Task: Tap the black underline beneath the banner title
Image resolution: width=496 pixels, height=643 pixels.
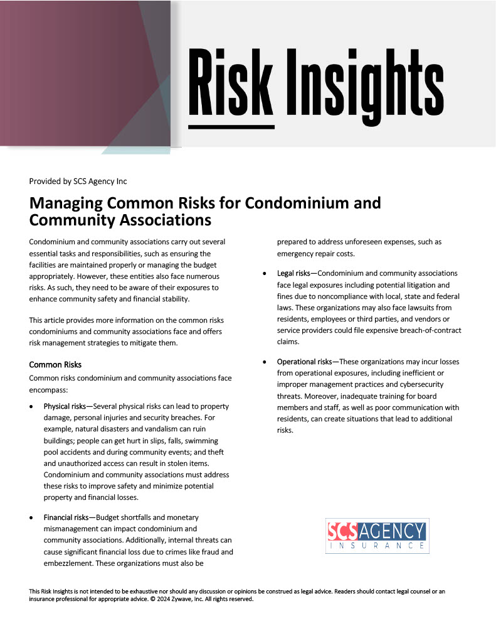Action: pyautogui.click(x=231, y=126)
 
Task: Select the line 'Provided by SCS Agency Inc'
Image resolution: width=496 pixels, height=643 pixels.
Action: pyautogui.click(x=78, y=181)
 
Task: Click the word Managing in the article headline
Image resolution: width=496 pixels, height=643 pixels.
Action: pyautogui.click(x=67, y=204)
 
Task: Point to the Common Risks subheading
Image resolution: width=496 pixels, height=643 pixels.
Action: pyautogui.click(x=55, y=365)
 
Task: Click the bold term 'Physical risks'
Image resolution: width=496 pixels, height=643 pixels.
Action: pyautogui.click(x=66, y=406)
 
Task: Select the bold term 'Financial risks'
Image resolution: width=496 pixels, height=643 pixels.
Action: pyautogui.click(x=68, y=517)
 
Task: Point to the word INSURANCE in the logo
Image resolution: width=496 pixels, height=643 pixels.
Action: pyautogui.click(x=377, y=546)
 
